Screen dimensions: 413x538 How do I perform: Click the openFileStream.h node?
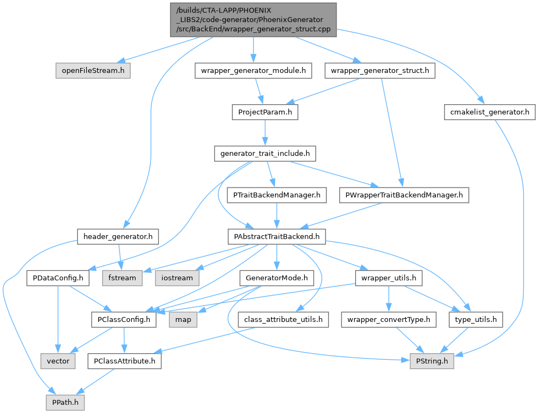click(93, 71)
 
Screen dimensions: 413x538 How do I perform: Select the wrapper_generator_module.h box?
click(253, 71)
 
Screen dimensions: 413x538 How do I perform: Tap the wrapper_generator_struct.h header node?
click(380, 71)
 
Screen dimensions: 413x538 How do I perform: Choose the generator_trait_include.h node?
click(265, 154)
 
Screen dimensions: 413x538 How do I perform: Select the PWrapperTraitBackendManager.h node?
click(404, 195)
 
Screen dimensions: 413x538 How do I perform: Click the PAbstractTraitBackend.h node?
click(277, 236)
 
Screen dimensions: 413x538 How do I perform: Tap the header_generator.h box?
click(118, 236)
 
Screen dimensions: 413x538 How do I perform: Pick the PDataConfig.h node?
click(58, 278)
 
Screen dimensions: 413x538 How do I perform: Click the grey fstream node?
click(122, 278)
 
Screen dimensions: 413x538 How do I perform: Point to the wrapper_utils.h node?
click(389, 278)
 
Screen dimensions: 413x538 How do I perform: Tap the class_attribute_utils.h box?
click(283, 319)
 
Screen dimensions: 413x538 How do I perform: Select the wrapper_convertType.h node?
click(389, 319)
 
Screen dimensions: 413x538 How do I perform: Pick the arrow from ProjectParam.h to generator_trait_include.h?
click(265, 133)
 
